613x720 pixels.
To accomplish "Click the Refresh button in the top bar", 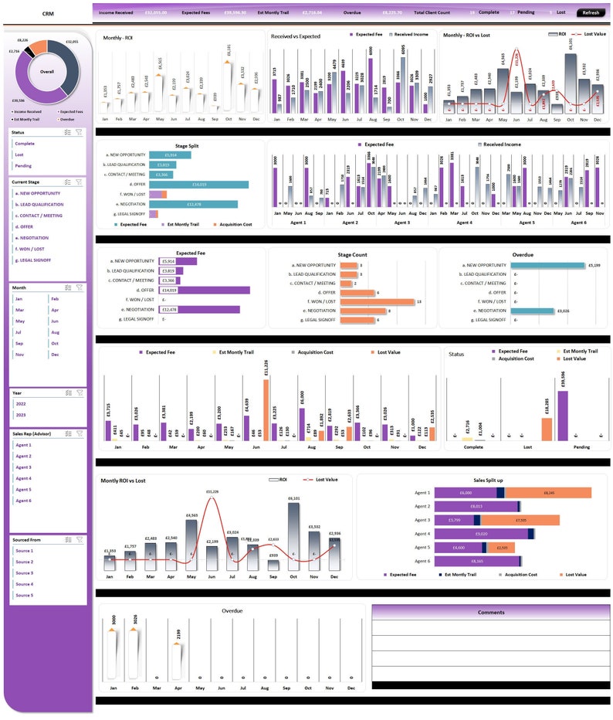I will coord(591,12).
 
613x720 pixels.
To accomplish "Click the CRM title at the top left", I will coord(48,13).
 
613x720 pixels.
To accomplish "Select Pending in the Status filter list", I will coord(23,166).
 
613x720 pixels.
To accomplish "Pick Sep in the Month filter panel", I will coord(19,343).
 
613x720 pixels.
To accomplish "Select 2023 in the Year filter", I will coord(21,415).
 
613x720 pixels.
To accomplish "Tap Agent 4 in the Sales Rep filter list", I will coord(24,478).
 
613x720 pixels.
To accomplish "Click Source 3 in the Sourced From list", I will coord(25,573).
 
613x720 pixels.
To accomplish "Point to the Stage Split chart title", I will coord(186,144).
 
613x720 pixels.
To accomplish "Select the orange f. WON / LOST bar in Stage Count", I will coord(378,302).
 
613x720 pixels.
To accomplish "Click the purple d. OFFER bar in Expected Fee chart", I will coord(204,290).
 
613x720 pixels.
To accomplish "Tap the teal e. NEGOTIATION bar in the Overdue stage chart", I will coord(535,311).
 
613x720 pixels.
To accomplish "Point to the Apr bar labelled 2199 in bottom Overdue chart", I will coord(177,657).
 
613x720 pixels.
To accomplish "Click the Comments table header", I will coord(490,612).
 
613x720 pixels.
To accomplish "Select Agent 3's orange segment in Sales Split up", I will coord(532,520).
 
